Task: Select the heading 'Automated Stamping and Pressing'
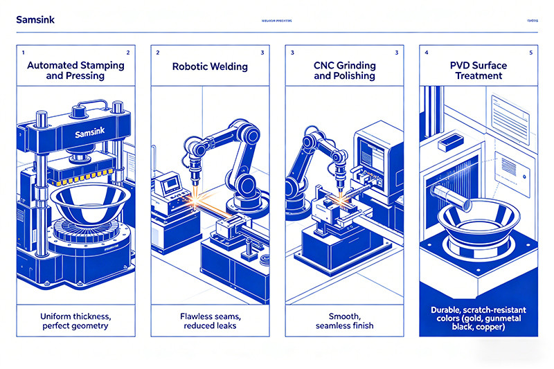click(x=75, y=70)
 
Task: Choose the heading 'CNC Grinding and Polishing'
click(x=344, y=70)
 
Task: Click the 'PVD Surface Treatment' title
click(x=479, y=70)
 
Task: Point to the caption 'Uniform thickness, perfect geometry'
click(x=75, y=320)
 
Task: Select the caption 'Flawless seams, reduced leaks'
click(x=210, y=320)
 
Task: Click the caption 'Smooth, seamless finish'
click(x=344, y=320)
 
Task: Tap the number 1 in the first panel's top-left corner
click(x=23, y=53)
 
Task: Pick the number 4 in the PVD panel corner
click(x=426, y=53)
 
